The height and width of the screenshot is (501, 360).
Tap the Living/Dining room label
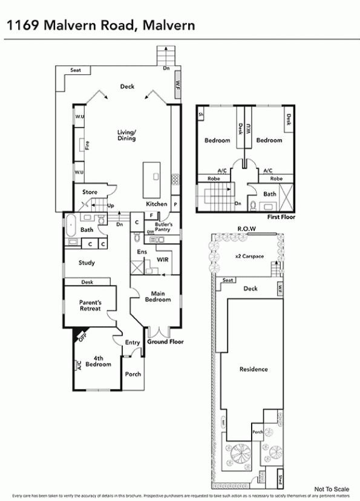(126, 135)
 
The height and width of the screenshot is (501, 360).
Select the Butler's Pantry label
(163, 227)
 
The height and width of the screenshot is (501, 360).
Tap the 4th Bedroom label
(97, 361)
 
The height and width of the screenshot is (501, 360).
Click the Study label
(87, 263)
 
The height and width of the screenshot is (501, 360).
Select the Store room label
(90, 192)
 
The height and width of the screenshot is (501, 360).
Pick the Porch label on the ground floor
(133, 374)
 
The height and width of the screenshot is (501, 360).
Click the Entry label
(133, 342)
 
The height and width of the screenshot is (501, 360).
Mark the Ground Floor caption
(165, 342)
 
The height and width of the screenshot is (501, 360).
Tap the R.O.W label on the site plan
(246, 229)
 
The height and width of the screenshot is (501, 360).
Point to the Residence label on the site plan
(254, 369)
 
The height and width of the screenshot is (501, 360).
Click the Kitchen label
(156, 204)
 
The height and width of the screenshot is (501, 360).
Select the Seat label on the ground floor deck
(76, 70)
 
